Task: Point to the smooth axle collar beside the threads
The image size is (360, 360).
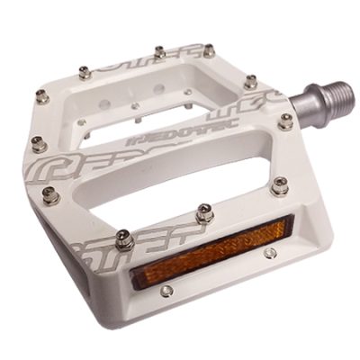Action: (x=304, y=106)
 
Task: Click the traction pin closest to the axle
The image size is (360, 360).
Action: (x=285, y=121)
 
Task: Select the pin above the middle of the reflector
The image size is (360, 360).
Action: (x=204, y=213)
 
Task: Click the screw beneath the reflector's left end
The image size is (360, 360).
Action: (x=166, y=290)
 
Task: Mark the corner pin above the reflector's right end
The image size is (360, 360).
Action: (x=280, y=186)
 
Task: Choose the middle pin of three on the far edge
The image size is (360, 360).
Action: (x=159, y=53)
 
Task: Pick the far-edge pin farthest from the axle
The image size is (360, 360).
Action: (x=85, y=72)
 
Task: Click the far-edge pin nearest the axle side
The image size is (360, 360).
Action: (x=209, y=50)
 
